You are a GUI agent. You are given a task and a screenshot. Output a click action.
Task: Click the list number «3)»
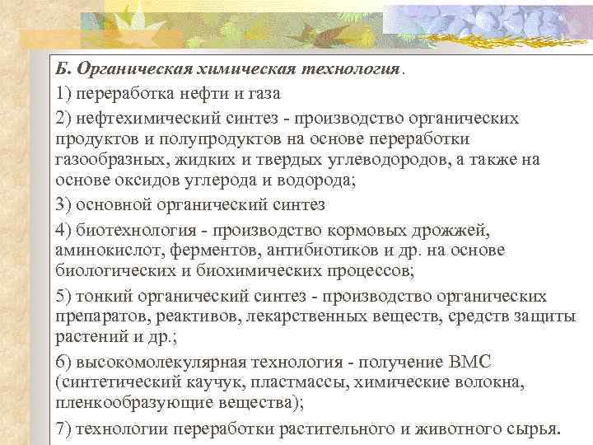pos(64,204)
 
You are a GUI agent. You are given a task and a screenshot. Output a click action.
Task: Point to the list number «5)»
pos(64,295)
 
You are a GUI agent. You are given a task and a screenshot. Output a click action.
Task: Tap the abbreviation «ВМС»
pos(470,361)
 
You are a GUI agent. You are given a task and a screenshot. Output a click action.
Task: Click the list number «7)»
pos(64,428)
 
